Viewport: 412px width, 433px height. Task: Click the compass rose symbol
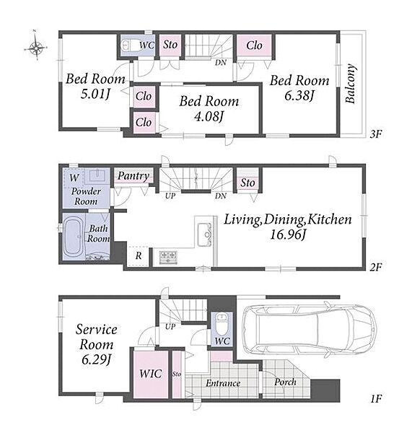point(36,48)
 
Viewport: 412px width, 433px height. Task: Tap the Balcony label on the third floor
point(350,84)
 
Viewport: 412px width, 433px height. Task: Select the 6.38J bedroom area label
point(299,96)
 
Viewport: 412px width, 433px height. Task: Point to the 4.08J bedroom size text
point(209,116)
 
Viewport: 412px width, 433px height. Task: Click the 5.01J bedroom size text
point(95,94)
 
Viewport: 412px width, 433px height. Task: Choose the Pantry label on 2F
point(133,175)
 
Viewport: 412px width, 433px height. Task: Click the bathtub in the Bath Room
point(73,237)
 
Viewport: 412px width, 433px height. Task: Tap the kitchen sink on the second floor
point(205,235)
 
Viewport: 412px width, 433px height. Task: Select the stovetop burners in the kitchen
point(168,257)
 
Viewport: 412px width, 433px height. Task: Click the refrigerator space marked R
point(139,255)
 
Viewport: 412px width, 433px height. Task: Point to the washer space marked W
point(74,178)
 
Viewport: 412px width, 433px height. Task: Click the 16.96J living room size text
point(288,235)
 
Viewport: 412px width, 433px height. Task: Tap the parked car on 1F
point(309,329)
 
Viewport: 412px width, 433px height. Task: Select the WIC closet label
point(151,374)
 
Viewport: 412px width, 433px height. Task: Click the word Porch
point(285,382)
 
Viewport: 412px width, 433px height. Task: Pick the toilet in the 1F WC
point(222,323)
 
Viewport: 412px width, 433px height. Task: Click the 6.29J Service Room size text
point(96,359)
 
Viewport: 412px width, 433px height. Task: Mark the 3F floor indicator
point(375,134)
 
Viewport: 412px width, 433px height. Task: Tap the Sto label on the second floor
point(247,183)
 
